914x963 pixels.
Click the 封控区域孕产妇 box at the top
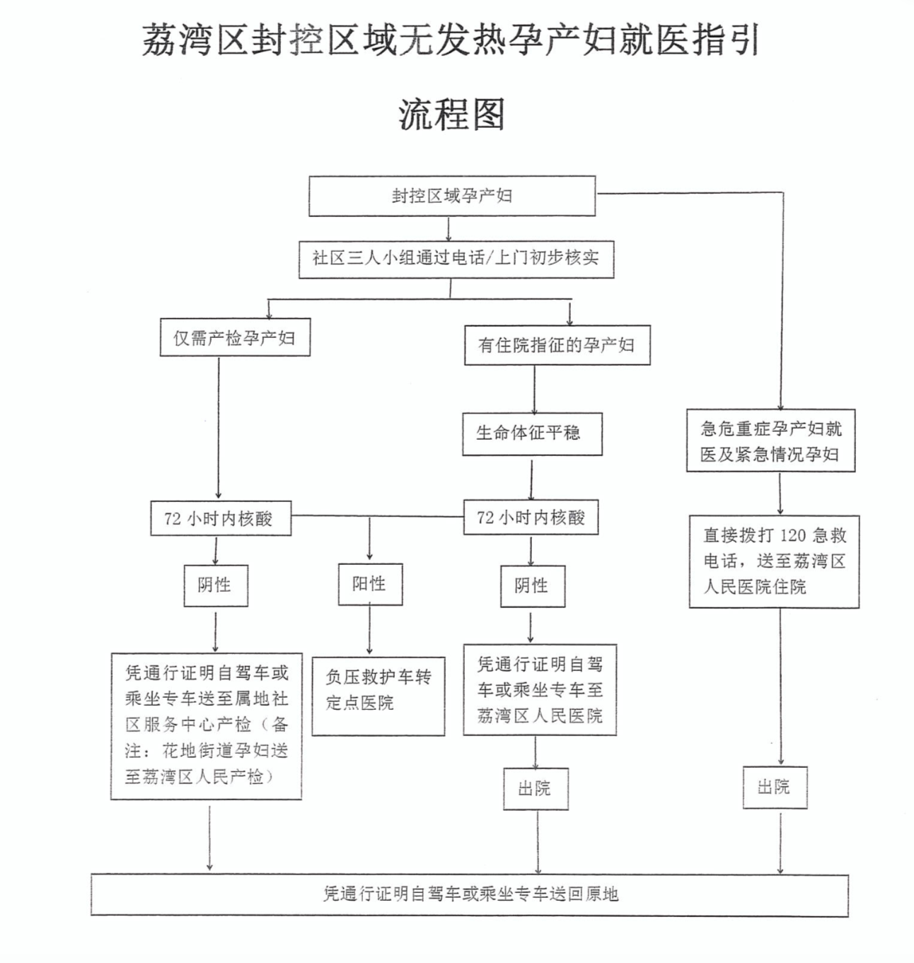click(452, 196)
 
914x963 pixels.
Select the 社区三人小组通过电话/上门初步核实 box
click(456, 259)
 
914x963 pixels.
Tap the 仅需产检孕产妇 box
click(235, 338)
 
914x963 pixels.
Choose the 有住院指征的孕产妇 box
click(557, 345)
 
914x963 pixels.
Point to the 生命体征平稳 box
click(532, 433)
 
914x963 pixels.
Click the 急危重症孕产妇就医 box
click(770, 440)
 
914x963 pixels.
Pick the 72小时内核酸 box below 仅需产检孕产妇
click(220, 518)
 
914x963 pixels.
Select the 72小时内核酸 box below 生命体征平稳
click(531, 518)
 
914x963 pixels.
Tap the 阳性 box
click(369, 584)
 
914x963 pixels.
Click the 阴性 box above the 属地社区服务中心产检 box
click(215, 585)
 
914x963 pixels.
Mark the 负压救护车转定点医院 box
click(378, 690)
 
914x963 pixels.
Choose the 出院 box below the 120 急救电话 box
click(774, 787)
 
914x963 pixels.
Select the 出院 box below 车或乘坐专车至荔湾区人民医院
click(535, 788)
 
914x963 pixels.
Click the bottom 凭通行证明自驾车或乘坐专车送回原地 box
click(469, 894)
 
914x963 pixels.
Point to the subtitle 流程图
click(451, 113)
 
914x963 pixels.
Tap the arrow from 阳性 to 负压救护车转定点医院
click(369, 629)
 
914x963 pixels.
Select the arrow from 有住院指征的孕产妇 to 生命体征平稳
click(534, 389)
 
